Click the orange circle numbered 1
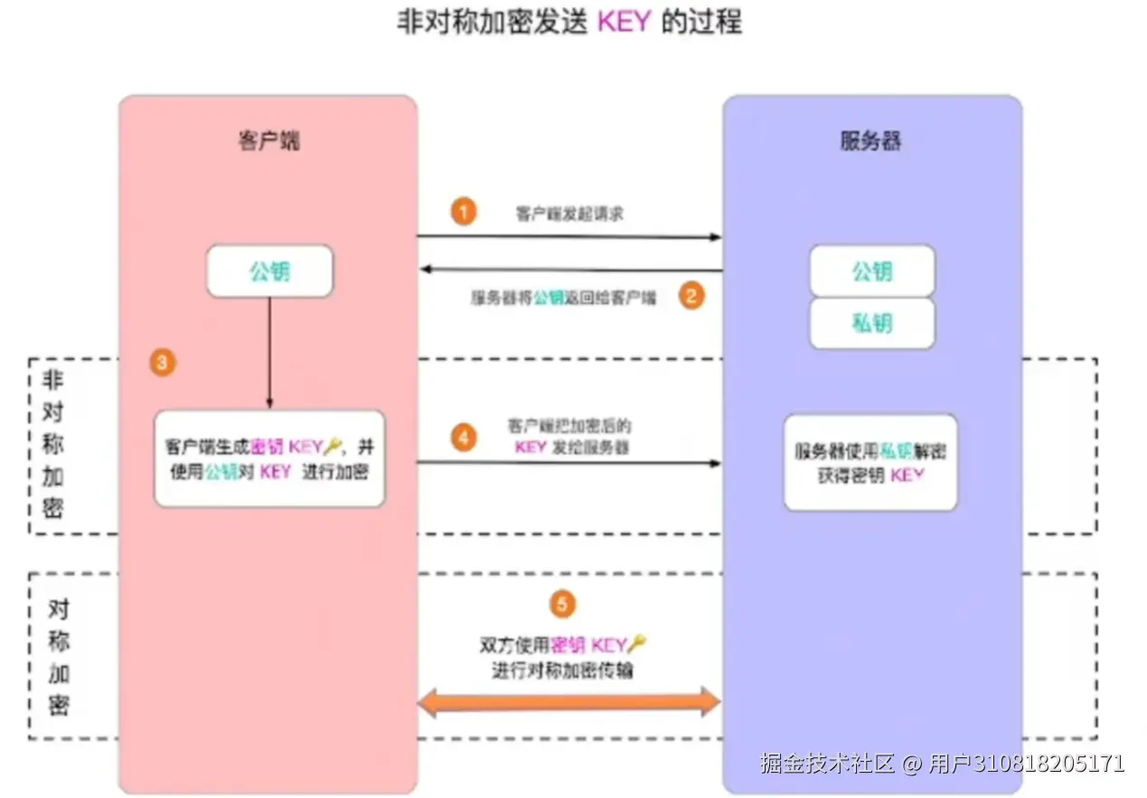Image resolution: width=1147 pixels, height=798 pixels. (463, 213)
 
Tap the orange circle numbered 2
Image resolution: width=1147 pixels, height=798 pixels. (691, 296)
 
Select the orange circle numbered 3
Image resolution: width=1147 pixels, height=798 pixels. (162, 363)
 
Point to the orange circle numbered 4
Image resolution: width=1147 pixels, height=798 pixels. (463, 438)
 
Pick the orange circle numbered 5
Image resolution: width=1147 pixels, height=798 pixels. (562, 604)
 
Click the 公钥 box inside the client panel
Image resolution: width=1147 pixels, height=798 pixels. (269, 271)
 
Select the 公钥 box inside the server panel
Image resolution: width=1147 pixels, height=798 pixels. (871, 271)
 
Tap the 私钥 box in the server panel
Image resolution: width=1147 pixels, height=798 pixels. (871, 324)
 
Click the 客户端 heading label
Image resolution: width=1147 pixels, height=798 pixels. (269, 142)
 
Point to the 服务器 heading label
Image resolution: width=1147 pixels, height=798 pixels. (871, 142)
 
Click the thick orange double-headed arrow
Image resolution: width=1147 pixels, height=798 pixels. (569, 701)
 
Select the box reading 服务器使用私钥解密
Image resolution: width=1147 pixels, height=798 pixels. (870, 462)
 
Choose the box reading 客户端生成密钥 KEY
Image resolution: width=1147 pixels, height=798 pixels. (269, 458)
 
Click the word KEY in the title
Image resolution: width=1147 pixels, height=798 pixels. (625, 23)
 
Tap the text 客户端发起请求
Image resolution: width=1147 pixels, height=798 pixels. (569, 215)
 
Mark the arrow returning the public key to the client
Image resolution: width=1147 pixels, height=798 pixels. (569, 269)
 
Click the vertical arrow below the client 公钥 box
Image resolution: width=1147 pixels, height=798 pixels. (269, 352)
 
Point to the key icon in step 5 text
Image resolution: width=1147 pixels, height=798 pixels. (638, 644)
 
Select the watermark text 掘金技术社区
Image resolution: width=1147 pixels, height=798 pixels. (827, 764)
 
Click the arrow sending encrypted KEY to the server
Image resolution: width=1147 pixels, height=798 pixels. (569, 463)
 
